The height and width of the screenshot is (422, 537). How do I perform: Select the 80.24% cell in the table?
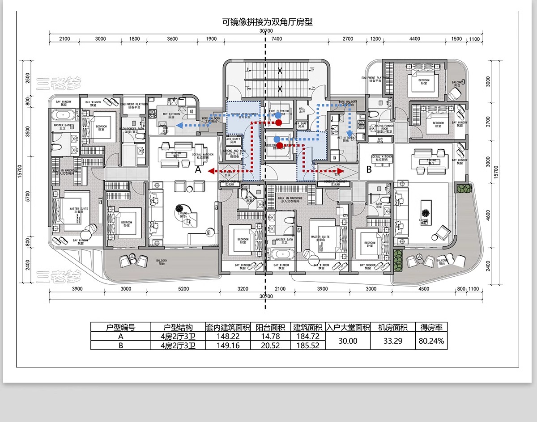click(x=431, y=341)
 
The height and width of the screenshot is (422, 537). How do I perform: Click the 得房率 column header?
click(x=431, y=327)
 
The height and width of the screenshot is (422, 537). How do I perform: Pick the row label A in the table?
click(x=120, y=336)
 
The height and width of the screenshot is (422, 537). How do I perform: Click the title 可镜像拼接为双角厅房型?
click(x=268, y=21)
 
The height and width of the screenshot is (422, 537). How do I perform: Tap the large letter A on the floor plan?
click(x=199, y=170)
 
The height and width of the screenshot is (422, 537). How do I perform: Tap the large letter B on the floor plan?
click(x=369, y=169)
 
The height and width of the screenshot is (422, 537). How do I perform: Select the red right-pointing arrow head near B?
click(x=341, y=171)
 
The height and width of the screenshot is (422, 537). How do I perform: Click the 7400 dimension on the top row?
click(x=277, y=39)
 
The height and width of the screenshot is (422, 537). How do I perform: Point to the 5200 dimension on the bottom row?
click(x=183, y=289)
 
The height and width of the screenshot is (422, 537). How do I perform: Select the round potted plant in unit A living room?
click(x=180, y=208)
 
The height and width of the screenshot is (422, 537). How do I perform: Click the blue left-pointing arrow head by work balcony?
click(x=178, y=126)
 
